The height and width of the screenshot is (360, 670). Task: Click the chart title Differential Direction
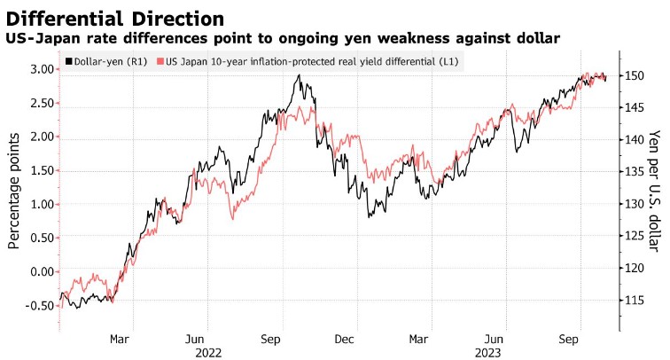tap(112, 18)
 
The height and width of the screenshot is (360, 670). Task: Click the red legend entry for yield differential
tap(310, 62)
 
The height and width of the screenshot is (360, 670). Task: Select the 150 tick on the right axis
tap(640, 76)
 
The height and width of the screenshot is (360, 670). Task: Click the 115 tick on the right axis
tap(640, 301)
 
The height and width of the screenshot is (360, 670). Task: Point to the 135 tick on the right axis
tap(640, 172)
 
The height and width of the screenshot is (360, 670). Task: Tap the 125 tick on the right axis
tap(640, 237)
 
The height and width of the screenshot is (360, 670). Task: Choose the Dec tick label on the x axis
tap(345, 338)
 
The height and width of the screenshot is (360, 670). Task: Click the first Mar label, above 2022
tap(121, 338)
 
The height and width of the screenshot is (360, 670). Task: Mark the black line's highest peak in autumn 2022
tap(300, 74)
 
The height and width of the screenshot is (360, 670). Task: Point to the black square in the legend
tap(68, 62)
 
